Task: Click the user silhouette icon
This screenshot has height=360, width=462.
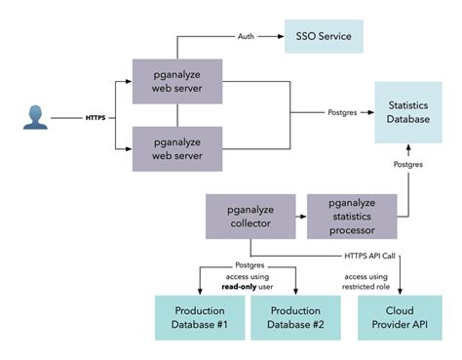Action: point(35,119)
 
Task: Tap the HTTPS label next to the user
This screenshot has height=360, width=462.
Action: point(95,119)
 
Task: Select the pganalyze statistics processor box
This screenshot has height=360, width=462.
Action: point(353,217)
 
